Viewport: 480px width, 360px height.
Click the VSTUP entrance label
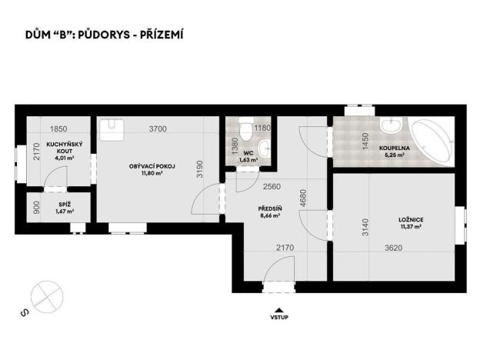pos(278,316)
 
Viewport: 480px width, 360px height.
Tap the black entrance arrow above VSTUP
pos(278,307)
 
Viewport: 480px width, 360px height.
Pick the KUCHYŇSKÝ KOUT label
pos(59,148)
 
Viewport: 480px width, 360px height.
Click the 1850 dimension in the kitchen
pos(59,129)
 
